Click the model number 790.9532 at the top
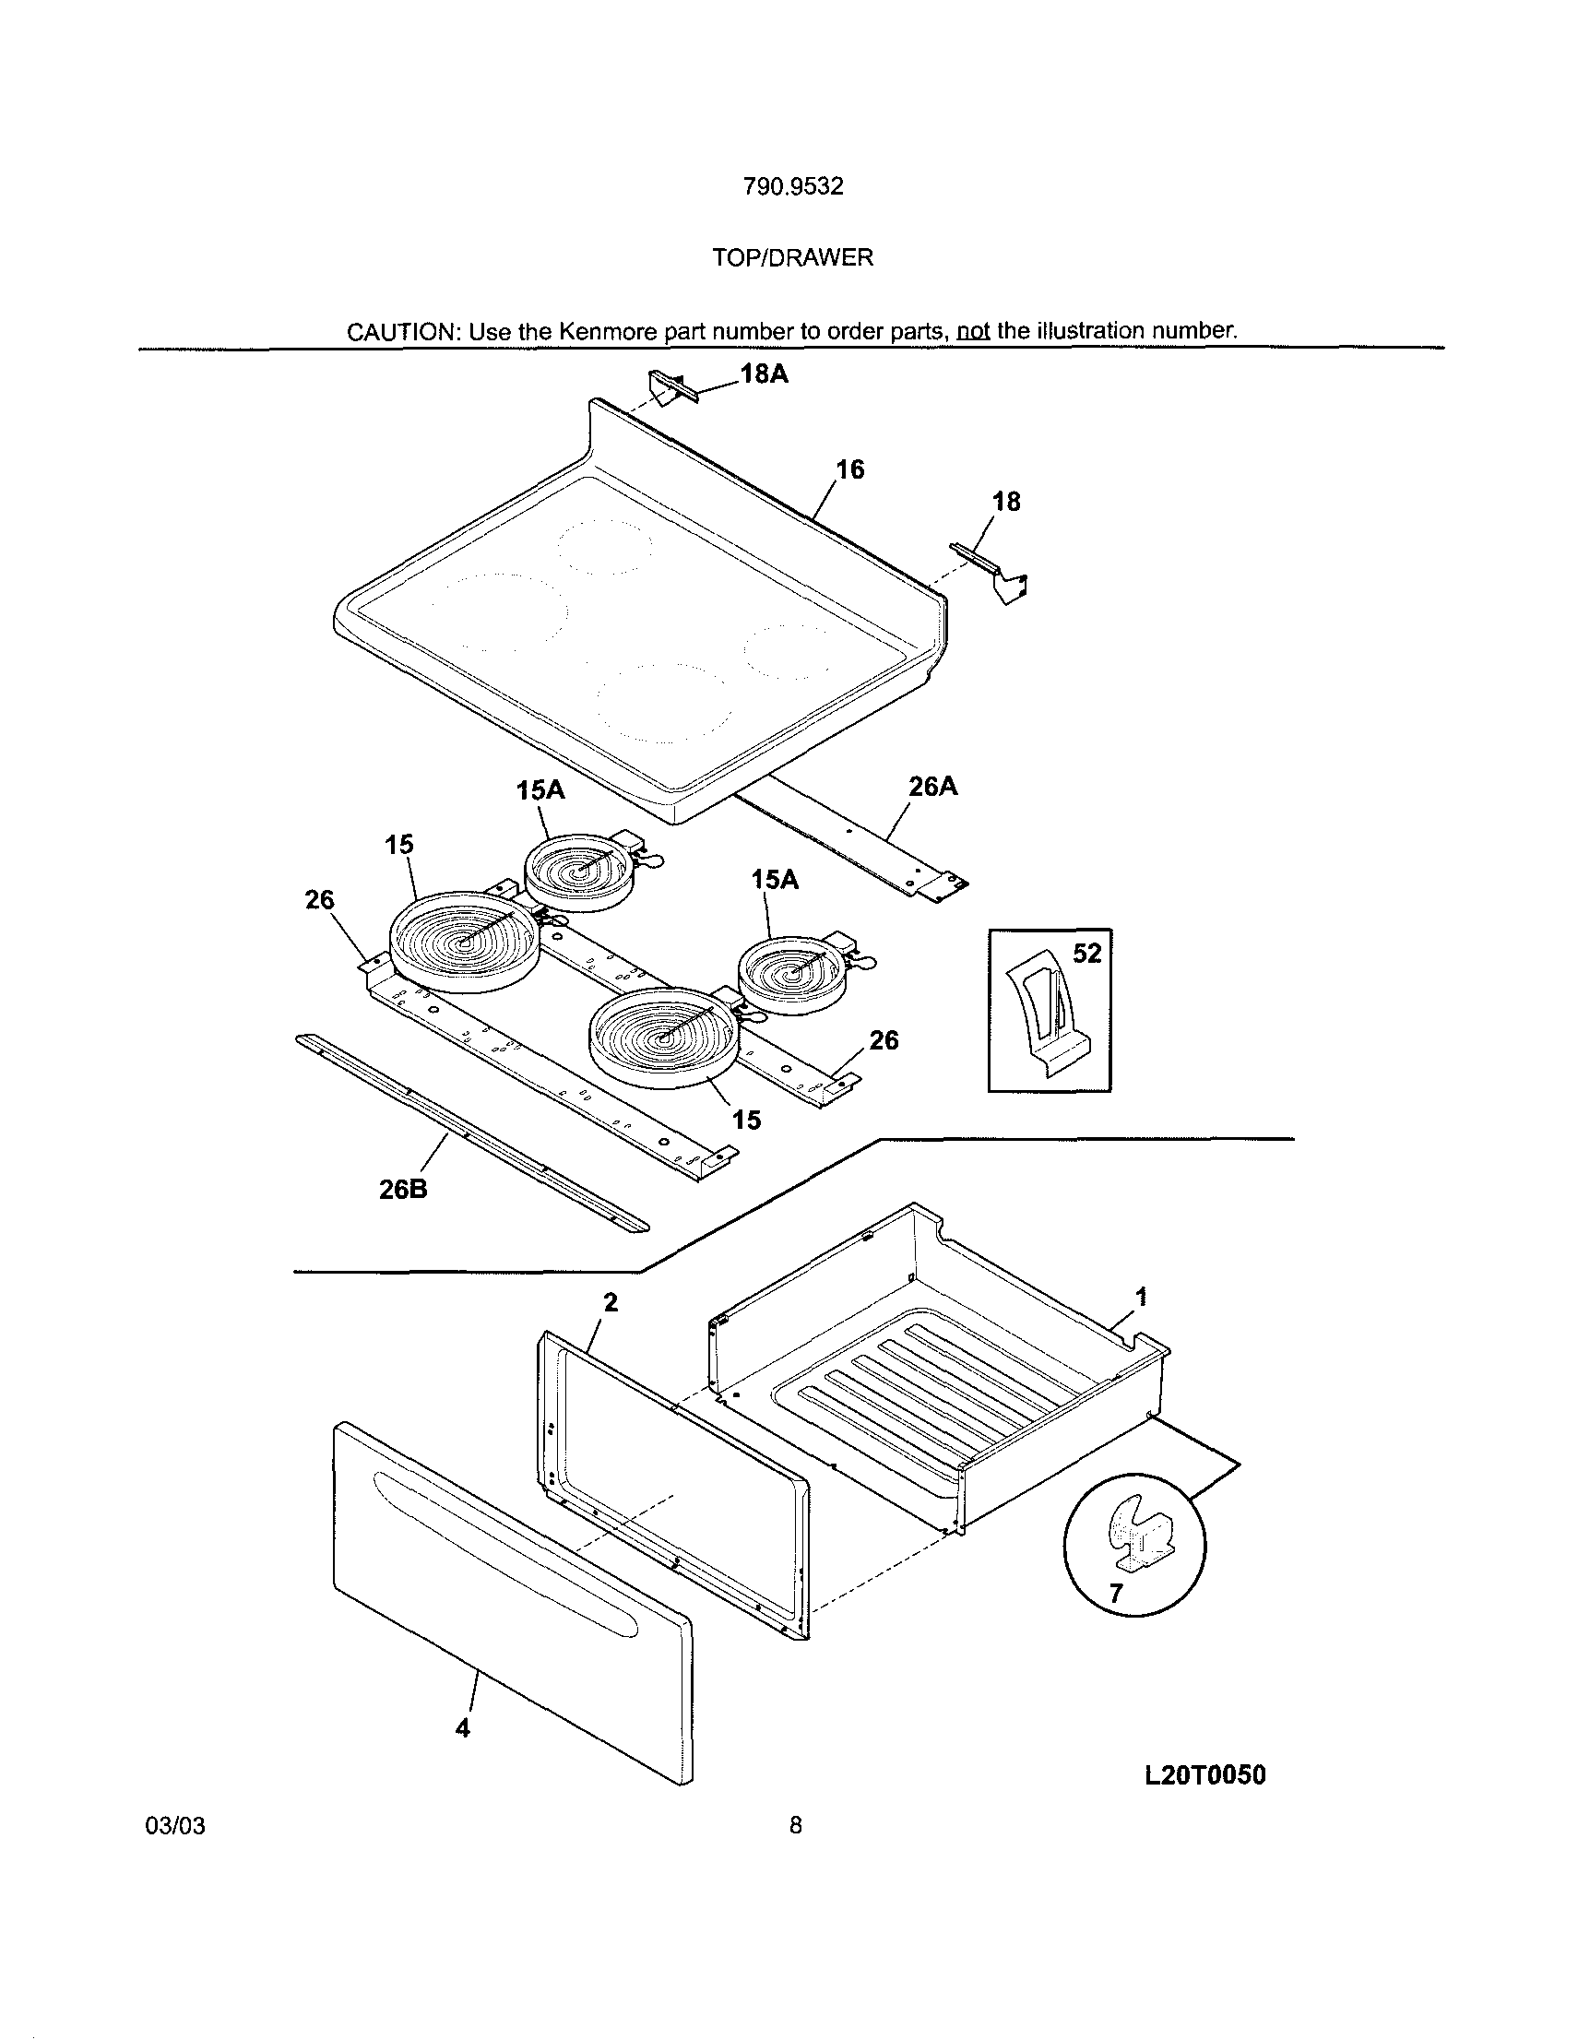pyautogui.click(x=792, y=187)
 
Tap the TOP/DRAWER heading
pyautogui.click(x=792, y=258)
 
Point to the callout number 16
pyautogui.click(x=849, y=468)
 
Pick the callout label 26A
pyautogui.click(x=932, y=787)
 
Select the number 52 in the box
pyautogui.click(x=1086, y=954)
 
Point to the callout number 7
pyautogui.click(x=1116, y=1594)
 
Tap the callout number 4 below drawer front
pyautogui.click(x=461, y=1727)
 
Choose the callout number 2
pyautogui.click(x=611, y=1302)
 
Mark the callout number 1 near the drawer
pyautogui.click(x=1140, y=1296)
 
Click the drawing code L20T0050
pyautogui.click(x=1204, y=1775)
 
